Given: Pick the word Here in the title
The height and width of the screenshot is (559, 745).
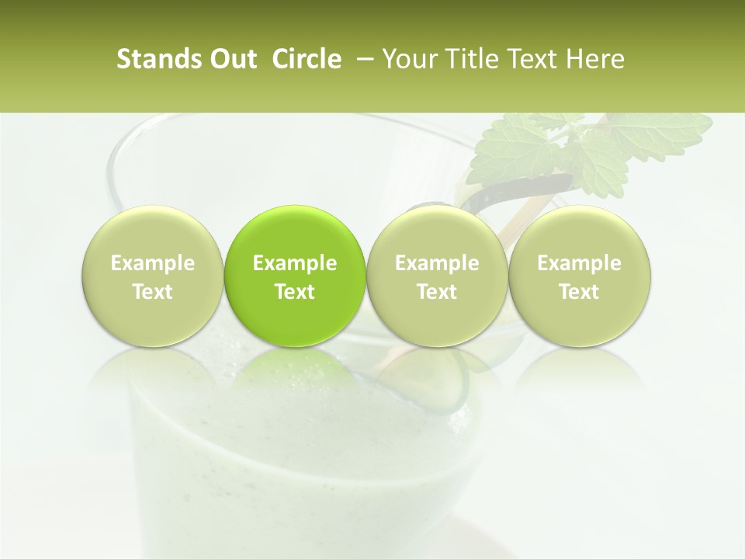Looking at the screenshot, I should [596, 59].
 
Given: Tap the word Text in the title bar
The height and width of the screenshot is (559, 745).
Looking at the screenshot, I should [527, 59].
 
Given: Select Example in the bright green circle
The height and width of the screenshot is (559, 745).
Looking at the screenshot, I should [295, 263].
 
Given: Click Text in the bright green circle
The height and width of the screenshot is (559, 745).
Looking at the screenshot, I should [295, 292].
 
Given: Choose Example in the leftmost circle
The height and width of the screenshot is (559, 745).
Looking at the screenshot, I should [153, 263].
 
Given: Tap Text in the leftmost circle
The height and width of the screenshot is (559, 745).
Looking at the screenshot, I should [153, 292].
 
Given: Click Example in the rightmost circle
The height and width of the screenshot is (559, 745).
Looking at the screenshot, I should [580, 263].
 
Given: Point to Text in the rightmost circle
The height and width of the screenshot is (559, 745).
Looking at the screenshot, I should [580, 292].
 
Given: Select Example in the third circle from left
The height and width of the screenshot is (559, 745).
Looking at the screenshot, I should [437, 263].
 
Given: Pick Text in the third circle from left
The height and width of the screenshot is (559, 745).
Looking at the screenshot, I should [437, 292].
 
